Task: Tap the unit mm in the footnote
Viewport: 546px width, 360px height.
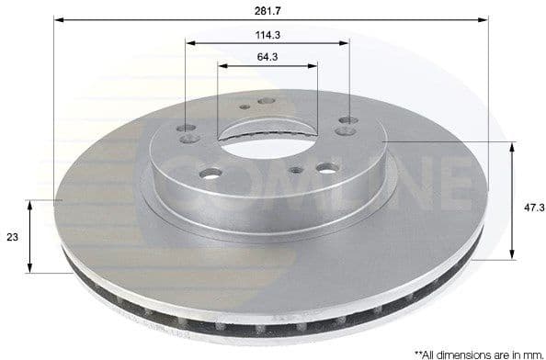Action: coord(528,352)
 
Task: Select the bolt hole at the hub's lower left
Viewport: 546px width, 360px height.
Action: coord(210,173)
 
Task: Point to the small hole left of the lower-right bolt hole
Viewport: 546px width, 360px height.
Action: coord(296,170)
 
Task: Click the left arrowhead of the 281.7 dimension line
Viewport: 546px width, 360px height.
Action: coord(57,18)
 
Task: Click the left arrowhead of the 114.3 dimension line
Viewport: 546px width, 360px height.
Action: coord(189,42)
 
